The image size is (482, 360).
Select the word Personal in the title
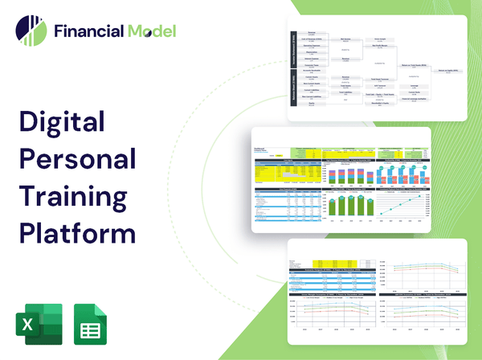78,159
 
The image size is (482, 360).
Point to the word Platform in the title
77,231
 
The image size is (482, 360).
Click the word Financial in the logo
88,31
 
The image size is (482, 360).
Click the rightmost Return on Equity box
449,71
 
